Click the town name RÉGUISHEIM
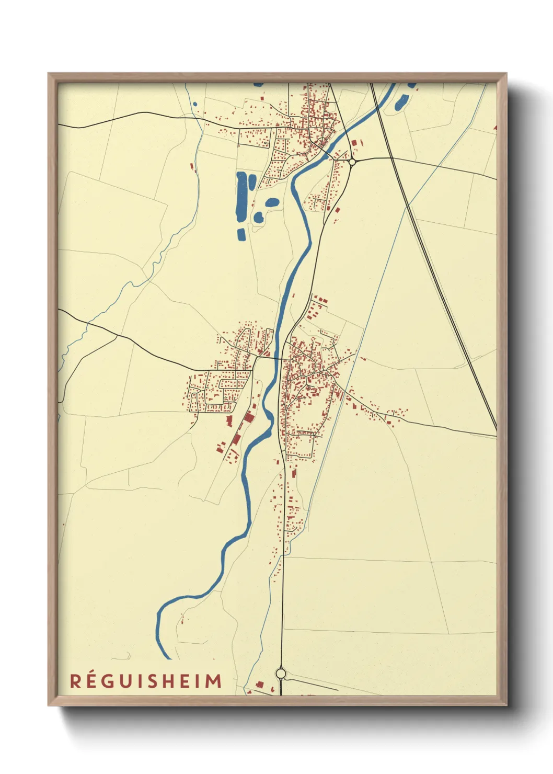tap(146, 681)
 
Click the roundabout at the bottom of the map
tap(281, 673)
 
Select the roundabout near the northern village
tap(352, 162)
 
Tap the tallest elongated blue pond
tap(242, 196)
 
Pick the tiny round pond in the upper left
tap(195, 104)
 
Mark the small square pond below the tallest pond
tap(241, 234)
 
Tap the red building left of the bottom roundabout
tap(259, 684)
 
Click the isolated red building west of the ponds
tap(192, 166)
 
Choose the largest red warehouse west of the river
tap(248, 417)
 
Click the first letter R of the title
tap(76, 681)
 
